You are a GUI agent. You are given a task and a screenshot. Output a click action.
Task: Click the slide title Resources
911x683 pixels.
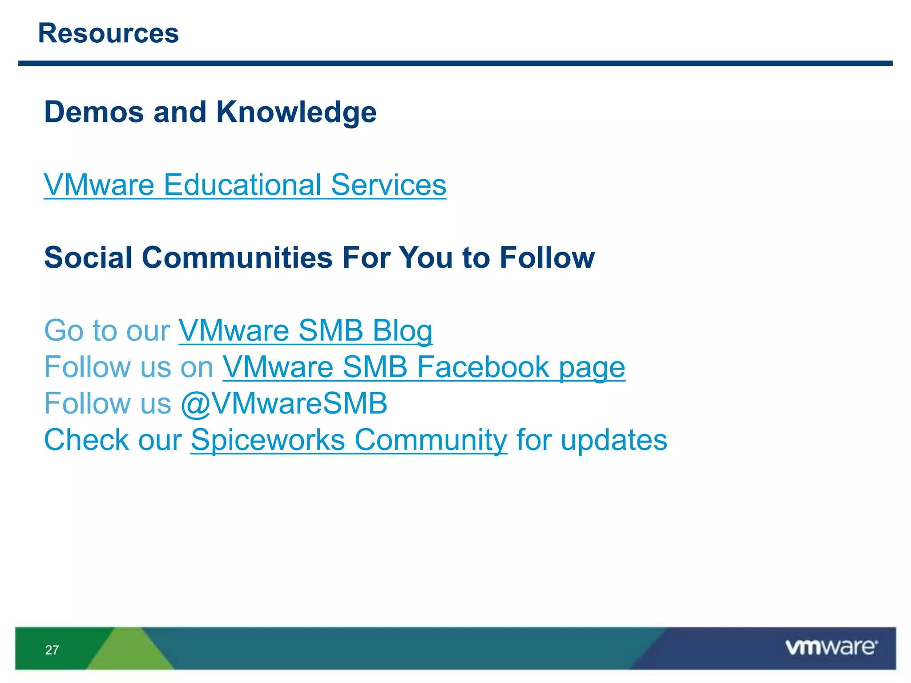[108, 33]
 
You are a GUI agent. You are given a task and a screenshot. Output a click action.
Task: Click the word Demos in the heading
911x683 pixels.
[94, 112]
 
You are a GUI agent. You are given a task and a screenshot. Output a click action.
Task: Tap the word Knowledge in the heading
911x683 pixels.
[296, 112]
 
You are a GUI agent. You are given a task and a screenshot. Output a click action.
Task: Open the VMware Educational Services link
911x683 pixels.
[245, 185]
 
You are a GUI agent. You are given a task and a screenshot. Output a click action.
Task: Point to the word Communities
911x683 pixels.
[237, 257]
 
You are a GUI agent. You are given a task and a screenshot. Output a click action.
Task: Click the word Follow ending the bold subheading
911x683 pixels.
[547, 257]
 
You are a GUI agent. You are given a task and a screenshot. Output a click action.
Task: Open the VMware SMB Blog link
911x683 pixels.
[305, 330]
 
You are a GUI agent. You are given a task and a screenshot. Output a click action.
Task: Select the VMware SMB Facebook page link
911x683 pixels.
[423, 367]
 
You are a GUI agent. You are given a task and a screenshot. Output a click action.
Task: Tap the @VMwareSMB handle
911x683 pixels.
[284, 403]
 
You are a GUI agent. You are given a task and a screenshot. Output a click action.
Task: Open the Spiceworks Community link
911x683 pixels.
[349, 440]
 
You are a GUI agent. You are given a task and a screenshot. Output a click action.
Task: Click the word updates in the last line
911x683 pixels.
[614, 440]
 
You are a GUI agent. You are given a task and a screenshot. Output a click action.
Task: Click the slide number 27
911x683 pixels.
[52, 650]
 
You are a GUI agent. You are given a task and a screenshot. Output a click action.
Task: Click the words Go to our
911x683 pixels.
[107, 330]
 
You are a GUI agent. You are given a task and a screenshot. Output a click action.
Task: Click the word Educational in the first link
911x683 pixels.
[242, 185]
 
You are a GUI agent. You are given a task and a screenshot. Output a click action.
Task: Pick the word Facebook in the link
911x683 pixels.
[483, 367]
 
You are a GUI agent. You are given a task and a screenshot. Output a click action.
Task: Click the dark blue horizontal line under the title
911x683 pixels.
[455, 64]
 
